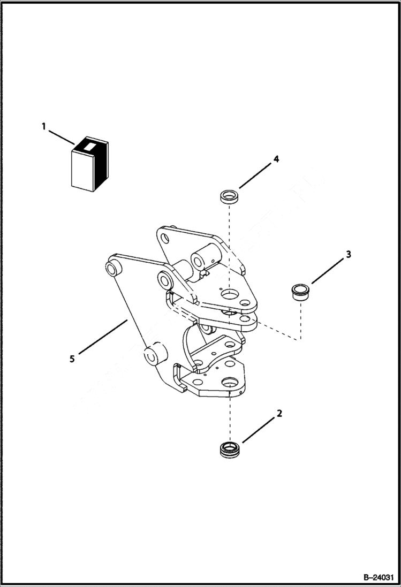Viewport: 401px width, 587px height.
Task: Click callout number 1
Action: (44, 127)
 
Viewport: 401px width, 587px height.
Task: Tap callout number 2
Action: (279, 413)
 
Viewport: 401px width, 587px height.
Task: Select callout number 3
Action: (348, 254)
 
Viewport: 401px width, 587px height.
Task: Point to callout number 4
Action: (276, 159)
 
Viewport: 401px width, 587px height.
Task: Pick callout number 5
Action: (72, 359)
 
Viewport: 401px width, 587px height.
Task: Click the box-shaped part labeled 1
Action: (89, 166)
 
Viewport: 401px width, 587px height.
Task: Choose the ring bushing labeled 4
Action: (229, 196)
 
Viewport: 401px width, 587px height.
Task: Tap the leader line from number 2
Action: (261, 429)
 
